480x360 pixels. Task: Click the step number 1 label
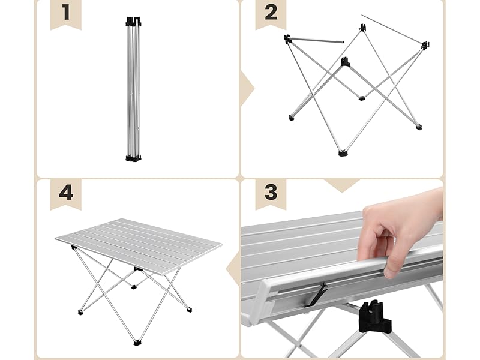(66, 13)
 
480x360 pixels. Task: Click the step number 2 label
(271, 13)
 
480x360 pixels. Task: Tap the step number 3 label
(271, 193)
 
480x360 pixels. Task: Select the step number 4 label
(66, 193)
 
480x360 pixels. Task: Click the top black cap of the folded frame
(133, 22)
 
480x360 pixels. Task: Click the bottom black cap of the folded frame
(133, 158)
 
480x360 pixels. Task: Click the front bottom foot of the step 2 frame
(343, 152)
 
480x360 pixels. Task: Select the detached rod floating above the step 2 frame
(394, 29)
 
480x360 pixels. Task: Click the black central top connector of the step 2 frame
(346, 61)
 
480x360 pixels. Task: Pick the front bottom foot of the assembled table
(137, 341)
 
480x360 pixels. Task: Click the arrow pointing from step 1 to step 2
(247, 89)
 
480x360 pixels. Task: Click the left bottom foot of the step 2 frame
(291, 117)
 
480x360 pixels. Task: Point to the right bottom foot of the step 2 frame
(418, 127)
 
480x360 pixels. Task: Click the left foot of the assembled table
(80, 312)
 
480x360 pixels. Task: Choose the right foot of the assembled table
(189, 310)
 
